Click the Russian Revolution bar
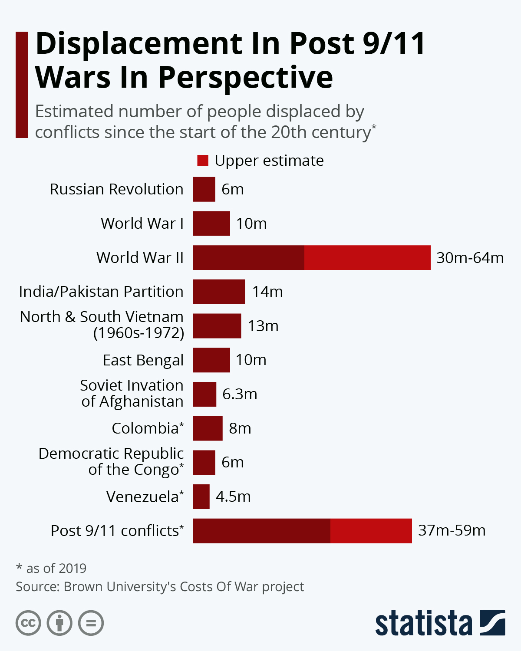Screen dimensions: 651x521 204,189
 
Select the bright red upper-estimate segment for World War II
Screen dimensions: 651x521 367,257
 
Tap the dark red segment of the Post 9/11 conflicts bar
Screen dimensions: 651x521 261,530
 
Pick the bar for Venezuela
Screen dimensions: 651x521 201,496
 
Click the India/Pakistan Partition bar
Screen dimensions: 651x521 219,292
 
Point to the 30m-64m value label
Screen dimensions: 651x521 470,258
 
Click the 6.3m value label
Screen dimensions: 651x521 240,394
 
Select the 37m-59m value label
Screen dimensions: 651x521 452,530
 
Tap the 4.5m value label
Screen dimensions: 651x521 233,496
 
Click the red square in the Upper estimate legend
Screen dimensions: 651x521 203,161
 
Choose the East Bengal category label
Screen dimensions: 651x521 143,360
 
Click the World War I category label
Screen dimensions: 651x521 142,224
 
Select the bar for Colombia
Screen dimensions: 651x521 208,428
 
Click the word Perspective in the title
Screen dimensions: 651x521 245,78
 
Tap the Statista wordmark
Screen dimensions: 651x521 423,623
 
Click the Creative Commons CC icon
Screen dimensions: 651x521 28,623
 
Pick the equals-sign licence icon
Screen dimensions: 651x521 91,623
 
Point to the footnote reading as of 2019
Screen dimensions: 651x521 56,568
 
